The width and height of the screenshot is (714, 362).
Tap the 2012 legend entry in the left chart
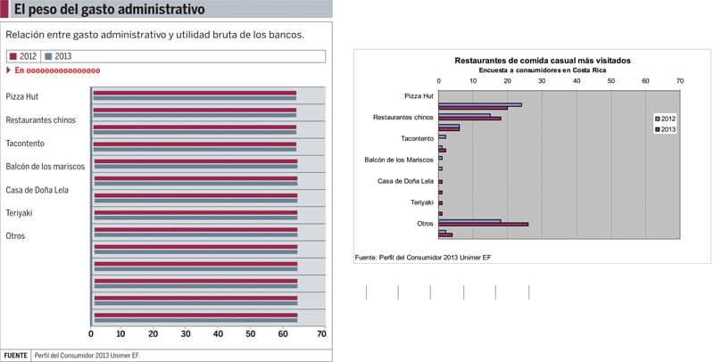[23, 56]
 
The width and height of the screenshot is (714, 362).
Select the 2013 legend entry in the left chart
[58, 56]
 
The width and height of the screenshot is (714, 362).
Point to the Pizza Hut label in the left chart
[21, 95]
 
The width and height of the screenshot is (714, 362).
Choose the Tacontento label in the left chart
[25, 143]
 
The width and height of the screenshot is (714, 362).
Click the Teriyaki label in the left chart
[19, 212]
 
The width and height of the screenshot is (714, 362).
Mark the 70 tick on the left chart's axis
[321, 334]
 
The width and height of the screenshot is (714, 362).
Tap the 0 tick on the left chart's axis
[91, 334]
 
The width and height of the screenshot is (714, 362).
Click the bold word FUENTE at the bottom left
[15, 354]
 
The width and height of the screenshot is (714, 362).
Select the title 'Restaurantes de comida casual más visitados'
[542, 60]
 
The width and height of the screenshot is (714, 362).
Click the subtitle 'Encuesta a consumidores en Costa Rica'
[542, 69]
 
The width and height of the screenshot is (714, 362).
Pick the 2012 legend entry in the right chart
[666, 118]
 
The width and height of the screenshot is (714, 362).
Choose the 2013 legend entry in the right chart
[666, 128]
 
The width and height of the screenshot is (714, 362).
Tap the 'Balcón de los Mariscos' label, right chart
[399, 160]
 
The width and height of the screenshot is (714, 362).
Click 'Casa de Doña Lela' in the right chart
[406, 182]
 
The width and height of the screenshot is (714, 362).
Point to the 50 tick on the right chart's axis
[611, 81]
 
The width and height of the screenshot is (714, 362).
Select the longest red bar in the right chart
[483, 224]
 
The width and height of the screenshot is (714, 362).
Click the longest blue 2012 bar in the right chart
[480, 104]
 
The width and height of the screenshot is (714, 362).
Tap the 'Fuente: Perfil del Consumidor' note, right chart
[423, 257]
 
